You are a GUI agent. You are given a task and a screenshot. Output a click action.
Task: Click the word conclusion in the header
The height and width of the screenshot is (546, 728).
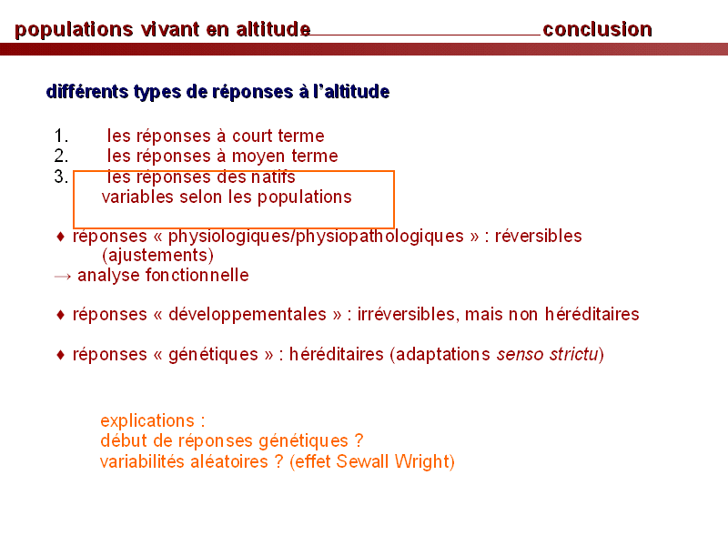pyautogui.click(x=597, y=29)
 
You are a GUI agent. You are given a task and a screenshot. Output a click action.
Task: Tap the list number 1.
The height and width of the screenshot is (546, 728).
pyautogui.click(x=61, y=136)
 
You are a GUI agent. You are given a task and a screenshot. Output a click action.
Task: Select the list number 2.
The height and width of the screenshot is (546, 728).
pyautogui.click(x=61, y=156)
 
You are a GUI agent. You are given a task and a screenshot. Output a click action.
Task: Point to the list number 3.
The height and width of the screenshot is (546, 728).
pyautogui.click(x=61, y=177)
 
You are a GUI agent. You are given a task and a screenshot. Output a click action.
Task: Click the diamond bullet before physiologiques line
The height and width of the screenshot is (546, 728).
pyautogui.click(x=60, y=237)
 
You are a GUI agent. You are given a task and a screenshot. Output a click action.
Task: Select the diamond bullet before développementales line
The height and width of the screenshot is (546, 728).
pyautogui.click(x=60, y=315)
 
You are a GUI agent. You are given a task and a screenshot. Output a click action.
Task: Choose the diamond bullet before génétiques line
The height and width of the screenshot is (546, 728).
pyautogui.click(x=60, y=355)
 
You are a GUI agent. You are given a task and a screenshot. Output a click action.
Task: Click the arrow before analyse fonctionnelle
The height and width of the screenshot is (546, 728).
pyautogui.click(x=63, y=277)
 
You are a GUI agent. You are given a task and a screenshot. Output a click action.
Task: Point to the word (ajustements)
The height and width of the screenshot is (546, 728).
pyautogui.click(x=157, y=256)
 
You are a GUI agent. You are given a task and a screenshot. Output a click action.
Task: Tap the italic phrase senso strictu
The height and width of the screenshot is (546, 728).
pyautogui.click(x=548, y=354)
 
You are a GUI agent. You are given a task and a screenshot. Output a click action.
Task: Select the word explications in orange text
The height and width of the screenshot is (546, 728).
pyautogui.click(x=147, y=421)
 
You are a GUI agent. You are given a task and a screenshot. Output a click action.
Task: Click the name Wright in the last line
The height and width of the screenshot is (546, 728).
pyautogui.click(x=422, y=462)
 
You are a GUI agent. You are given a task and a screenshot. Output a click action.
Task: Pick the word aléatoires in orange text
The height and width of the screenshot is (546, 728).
pyautogui.click(x=229, y=462)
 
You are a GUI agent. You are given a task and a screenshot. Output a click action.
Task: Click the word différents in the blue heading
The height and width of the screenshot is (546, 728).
pyautogui.click(x=87, y=92)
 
